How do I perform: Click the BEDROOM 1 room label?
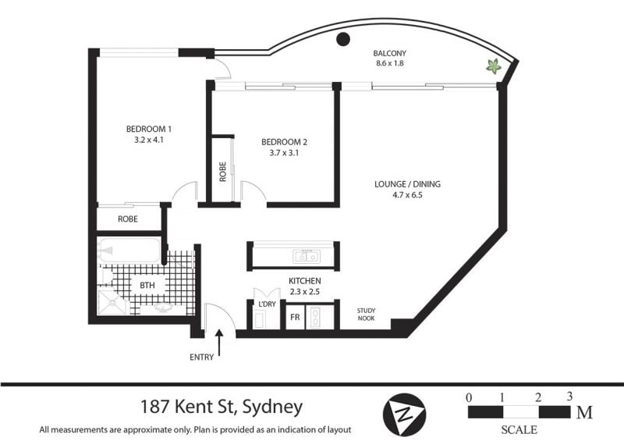tap(149, 129)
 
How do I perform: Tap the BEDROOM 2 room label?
tap(284, 142)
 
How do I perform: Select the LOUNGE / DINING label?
tap(407, 184)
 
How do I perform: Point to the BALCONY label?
tap(389, 53)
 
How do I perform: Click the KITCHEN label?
tap(305, 281)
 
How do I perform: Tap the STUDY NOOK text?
tap(366, 315)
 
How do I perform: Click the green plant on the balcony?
tap(494, 66)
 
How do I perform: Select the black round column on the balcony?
tap(343, 39)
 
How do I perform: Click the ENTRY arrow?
tap(219, 343)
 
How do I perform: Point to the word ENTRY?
tap(202, 357)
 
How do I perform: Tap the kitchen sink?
tap(307, 257)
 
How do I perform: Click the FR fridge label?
tap(295, 318)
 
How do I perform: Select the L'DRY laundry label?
tap(267, 304)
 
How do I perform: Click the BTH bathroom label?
tap(147, 285)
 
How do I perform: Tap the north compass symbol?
tap(404, 414)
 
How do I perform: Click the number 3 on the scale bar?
tap(570, 397)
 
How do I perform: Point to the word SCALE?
tap(519, 430)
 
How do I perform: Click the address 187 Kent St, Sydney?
tap(222, 407)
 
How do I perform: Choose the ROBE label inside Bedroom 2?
tap(222, 172)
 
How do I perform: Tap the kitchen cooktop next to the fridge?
tap(316, 318)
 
